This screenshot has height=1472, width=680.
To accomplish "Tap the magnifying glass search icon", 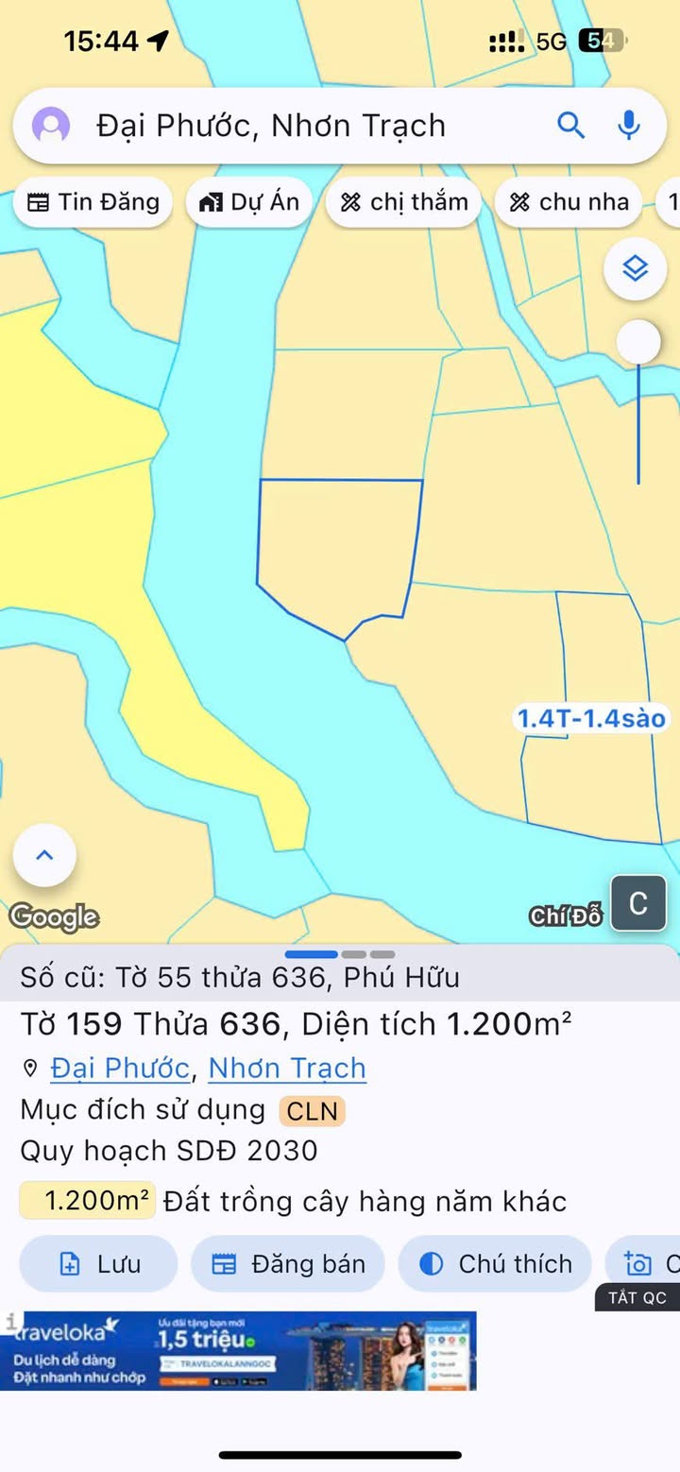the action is [x=570, y=125].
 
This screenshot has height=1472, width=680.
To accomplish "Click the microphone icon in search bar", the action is [x=628, y=125].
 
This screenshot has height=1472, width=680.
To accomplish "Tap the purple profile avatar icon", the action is [x=51, y=125].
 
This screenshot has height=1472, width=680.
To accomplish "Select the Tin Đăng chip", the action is [x=93, y=202].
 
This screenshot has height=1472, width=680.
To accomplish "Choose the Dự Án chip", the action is [x=249, y=202].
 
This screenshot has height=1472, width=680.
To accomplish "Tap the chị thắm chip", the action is [x=403, y=202].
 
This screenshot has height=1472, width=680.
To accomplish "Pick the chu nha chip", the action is [x=569, y=202].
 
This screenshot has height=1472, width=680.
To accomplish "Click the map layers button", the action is [x=636, y=269].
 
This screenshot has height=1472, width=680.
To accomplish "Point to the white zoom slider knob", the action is [x=639, y=341].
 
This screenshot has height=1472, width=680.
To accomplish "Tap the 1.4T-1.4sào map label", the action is [x=590, y=719].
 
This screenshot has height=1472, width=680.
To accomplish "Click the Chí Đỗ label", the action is [x=566, y=916].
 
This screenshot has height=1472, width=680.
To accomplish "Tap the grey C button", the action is [x=638, y=903].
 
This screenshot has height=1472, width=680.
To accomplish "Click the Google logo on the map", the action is [x=54, y=916].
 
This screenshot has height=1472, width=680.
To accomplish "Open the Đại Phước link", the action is [x=120, y=1069].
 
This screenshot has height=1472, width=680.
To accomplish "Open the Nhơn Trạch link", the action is [x=287, y=1069].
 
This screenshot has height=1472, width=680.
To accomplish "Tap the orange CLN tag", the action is [x=312, y=1111].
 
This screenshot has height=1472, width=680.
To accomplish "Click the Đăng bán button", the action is [x=288, y=1264].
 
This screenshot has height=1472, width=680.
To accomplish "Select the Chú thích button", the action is [x=495, y=1264].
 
